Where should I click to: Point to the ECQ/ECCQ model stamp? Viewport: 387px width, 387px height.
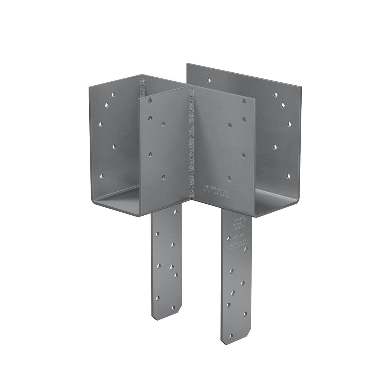tap(239, 230)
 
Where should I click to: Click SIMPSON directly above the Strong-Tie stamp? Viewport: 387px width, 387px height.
tap(239, 220)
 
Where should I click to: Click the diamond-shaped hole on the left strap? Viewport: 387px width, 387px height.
tap(171, 267)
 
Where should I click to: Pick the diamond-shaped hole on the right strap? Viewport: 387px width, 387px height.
tap(233, 293)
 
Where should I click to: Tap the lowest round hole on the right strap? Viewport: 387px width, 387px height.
tap(231, 336)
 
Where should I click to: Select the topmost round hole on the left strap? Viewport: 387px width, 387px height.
tap(175, 211)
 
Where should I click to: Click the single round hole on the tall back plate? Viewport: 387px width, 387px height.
tap(209, 81)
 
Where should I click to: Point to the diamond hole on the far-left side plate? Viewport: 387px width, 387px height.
tap(107, 105)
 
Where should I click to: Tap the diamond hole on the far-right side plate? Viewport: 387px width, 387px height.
tap(282, 105)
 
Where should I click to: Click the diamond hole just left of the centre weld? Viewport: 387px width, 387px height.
tap(150, 118)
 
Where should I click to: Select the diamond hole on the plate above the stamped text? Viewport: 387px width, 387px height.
tap(243, 119)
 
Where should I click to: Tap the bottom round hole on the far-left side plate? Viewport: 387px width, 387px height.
tap(102, 176)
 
